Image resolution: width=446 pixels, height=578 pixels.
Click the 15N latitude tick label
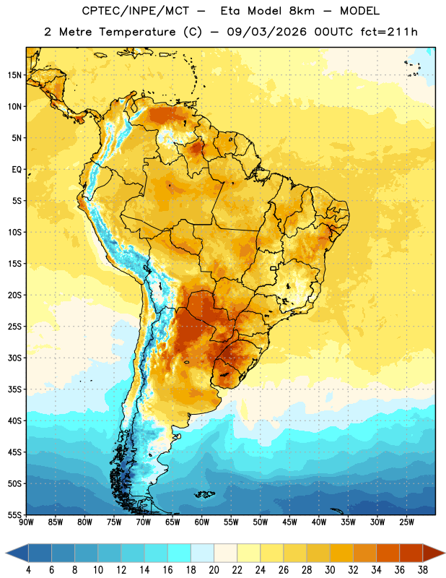tap(14, 75)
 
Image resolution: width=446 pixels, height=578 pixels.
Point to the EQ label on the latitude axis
tap(17, 170)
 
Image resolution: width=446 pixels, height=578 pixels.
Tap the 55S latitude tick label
tap(14, 514)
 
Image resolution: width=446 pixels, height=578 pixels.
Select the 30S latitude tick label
tap(14, 358)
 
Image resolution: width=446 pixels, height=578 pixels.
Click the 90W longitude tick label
tap(26, 522)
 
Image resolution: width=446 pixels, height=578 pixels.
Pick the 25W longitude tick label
tap(406, 522)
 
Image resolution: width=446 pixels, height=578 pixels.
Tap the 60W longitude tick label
tap(202, 522)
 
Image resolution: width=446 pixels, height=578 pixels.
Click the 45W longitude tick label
tap(289, 522)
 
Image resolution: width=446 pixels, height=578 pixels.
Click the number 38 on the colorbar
tap(422, 570)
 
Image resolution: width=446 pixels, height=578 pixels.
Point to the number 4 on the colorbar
tap(28, 570)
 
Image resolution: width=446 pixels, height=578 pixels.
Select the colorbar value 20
tap(214, 570)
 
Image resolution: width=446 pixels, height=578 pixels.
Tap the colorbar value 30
tap(330, 570)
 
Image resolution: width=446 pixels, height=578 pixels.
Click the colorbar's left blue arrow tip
tap(6, 553)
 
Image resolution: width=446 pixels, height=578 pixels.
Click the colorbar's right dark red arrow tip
tap(445, 553)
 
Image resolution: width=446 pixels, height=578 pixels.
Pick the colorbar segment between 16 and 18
tap(179, 553)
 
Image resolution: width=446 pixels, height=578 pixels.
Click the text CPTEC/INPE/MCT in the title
tap(135, 11)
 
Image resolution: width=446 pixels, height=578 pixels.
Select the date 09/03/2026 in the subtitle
tap(266, 32)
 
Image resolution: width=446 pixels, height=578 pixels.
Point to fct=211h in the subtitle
tap(389, 32)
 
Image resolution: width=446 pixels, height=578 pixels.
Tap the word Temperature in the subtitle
tap(137, 32)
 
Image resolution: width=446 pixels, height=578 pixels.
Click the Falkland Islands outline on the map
tap(205, 494)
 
